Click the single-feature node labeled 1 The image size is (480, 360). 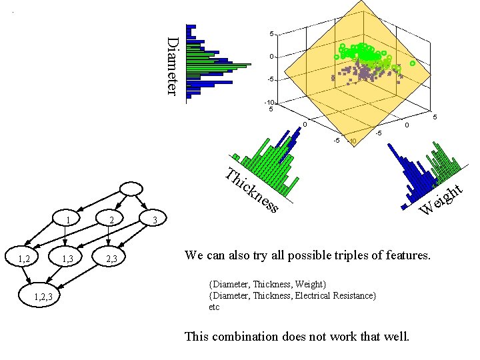[x=67, y=219]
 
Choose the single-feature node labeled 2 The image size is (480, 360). [x=112, y=219]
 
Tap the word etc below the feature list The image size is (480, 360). [x=214, y=307]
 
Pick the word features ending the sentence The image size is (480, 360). [x=407, y=255]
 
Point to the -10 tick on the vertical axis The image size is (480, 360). [x=269, y=102]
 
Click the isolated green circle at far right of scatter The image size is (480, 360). [x=412, y=63]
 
